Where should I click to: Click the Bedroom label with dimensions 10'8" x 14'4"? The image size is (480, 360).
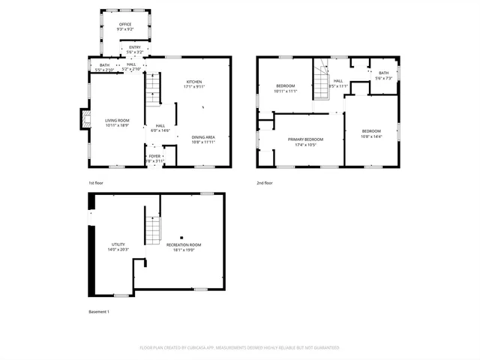click(371, 133)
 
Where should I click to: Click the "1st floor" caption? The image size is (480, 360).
click(97, 183)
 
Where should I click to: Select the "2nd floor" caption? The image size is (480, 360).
click(265, 183)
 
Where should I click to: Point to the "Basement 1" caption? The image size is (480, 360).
click(99, 311)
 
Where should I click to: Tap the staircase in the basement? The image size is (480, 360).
click(153, 224)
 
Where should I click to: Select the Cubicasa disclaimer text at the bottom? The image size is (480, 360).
click(239, 347)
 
